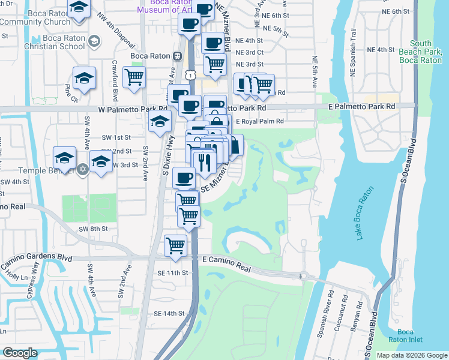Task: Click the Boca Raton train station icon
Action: pyautogui.click(x=177, y=56)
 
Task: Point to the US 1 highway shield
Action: pyautogui.click(x=190, y=74)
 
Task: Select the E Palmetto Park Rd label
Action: pyautogui.click(x=362, y=106)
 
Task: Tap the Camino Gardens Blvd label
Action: pyautogui.click(x=35, y=256)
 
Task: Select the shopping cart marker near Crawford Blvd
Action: pyautogui.click(x=134, y=77)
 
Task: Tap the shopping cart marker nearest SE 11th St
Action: pyautogui.click(x=175, y=245)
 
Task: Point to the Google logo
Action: pyautogui.click(x=20, y=353)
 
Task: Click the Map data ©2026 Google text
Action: pyautogui.click(x=411, y=355)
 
